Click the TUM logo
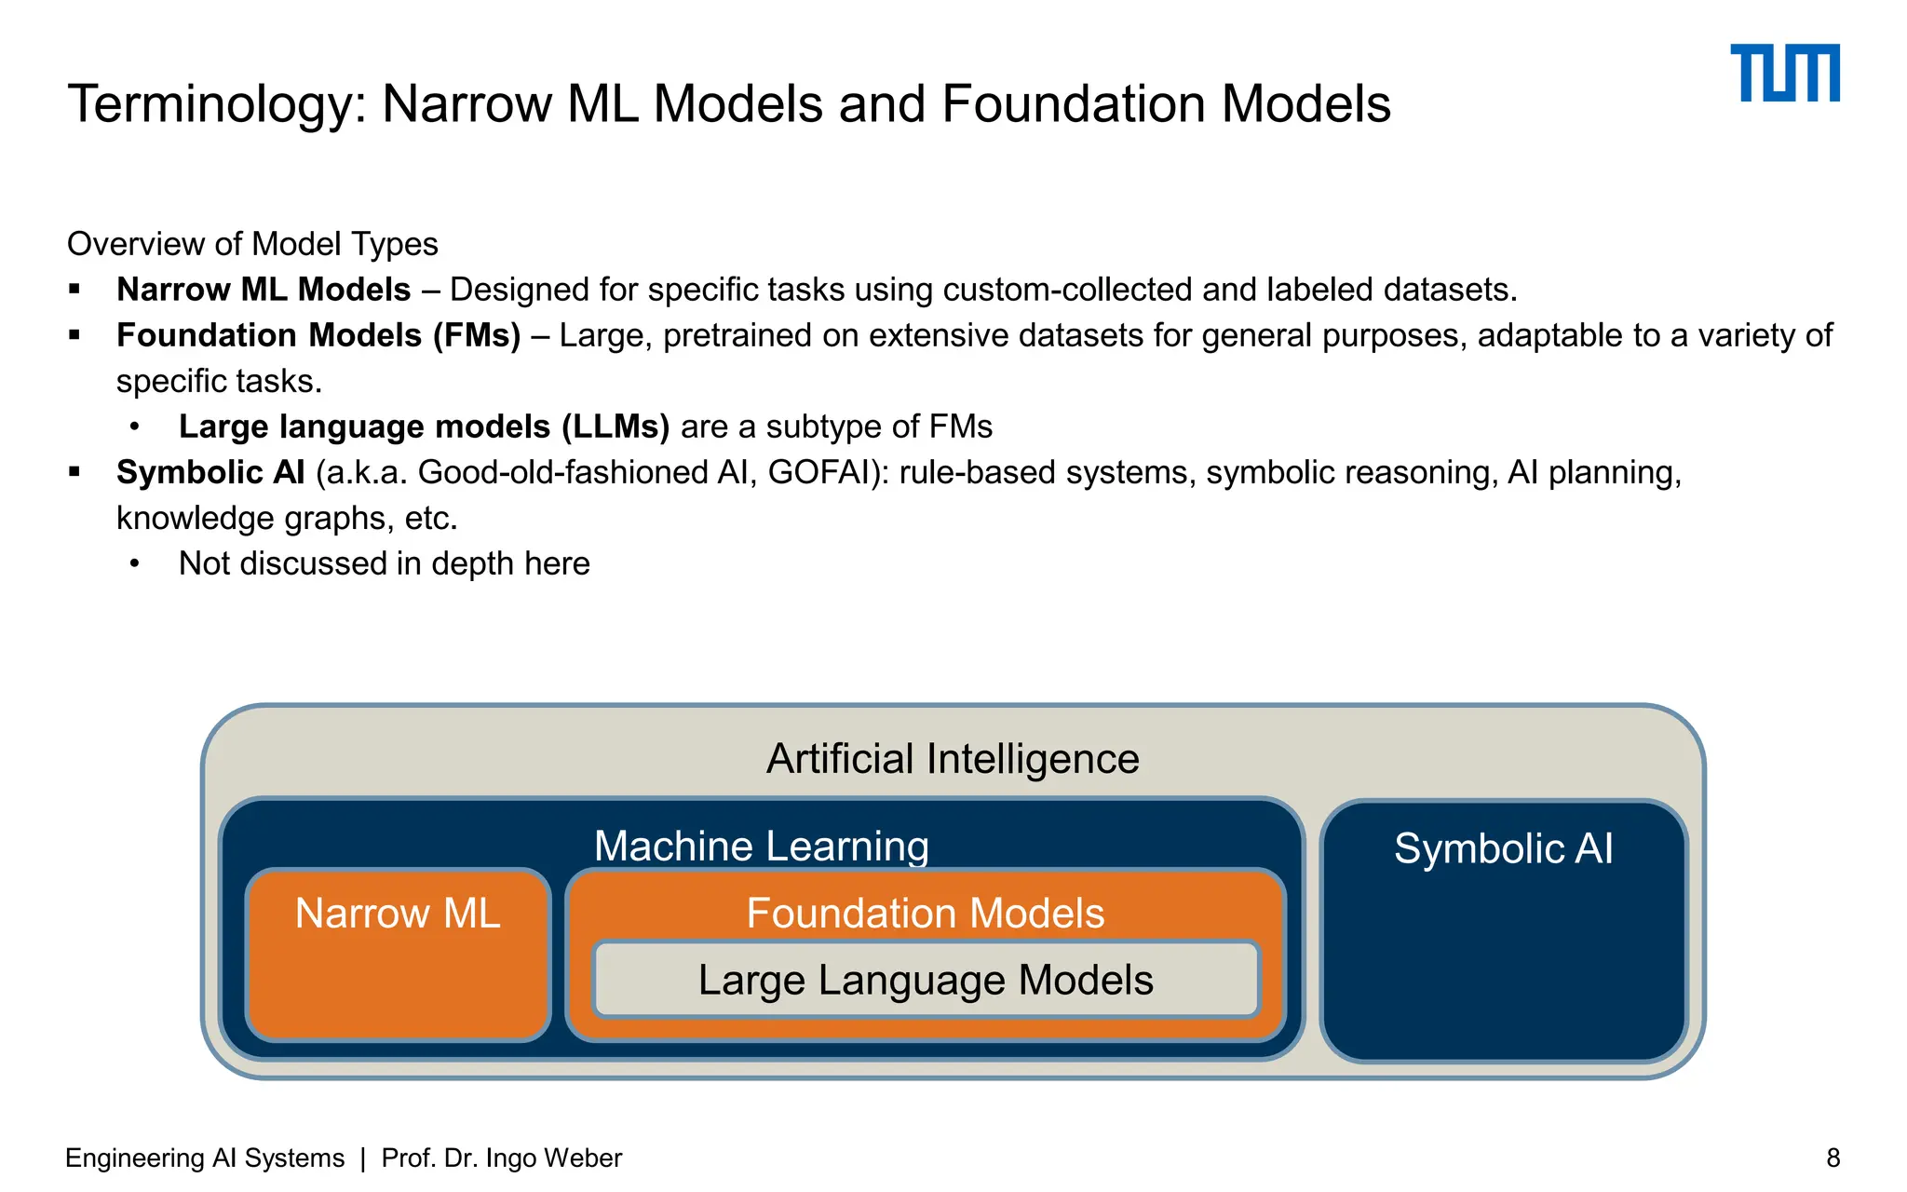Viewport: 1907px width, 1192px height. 1784,73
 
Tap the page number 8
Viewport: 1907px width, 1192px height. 1833,1158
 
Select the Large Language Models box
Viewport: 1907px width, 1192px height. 926,980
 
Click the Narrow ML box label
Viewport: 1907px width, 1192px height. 398,913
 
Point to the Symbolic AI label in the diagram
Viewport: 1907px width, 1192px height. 1503,848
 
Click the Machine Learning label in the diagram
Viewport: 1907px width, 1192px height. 762,846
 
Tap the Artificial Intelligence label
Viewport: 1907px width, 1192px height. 953,758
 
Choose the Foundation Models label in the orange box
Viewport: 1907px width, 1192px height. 925,913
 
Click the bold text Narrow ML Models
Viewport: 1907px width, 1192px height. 264,290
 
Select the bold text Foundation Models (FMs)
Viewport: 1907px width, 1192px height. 318,335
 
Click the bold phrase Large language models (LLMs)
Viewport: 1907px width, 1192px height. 424,427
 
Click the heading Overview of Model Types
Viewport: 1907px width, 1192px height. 252,244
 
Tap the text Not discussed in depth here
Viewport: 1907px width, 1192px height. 384,563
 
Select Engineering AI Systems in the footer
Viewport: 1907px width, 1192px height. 205,1158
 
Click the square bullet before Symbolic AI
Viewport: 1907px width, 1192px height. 75,472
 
